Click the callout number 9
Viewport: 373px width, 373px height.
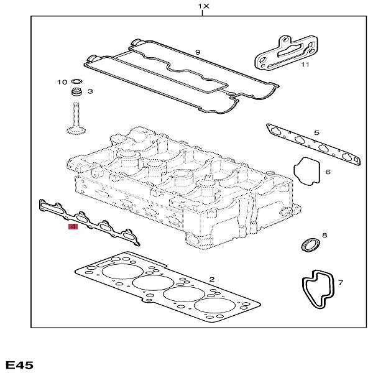pyautogui.click(x=197, y=52)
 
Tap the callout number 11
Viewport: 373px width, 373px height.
pyautogui.click(x=305, y=64)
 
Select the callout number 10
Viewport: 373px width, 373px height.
pyautogui.click(x=62, y=82)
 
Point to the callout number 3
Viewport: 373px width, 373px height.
pyautogui.click(x=90, y=92)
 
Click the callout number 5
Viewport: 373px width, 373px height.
pyautogui.click(x=316, y=132)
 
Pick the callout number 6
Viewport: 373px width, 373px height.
pyautogui.click(x=327, y=172)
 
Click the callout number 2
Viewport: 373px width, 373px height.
pyautogui.click(x=212, y=279)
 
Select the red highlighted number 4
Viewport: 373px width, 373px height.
pyautogui.click(x=73, y=228)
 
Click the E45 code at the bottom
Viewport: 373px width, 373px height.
pyautogui.click(x=19, y=364)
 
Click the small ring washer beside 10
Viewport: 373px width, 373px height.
pyautogui.click(x=77, y=82)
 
